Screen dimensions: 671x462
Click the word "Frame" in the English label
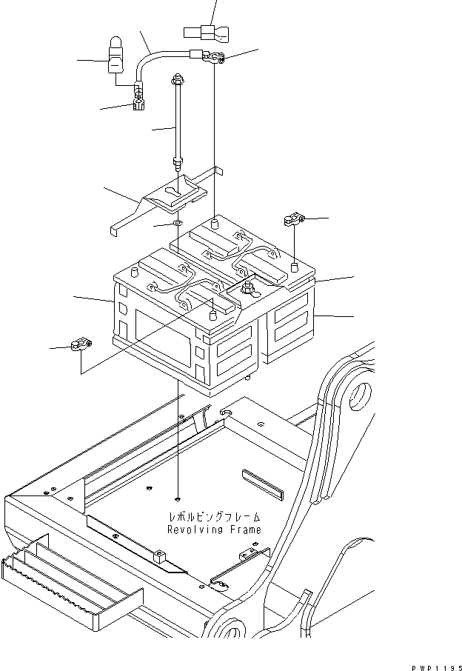click(x=245, y=530)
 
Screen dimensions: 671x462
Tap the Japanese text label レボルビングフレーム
click(x=215, y=517)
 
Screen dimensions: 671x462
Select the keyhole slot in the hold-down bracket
click(x=175, y=192)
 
